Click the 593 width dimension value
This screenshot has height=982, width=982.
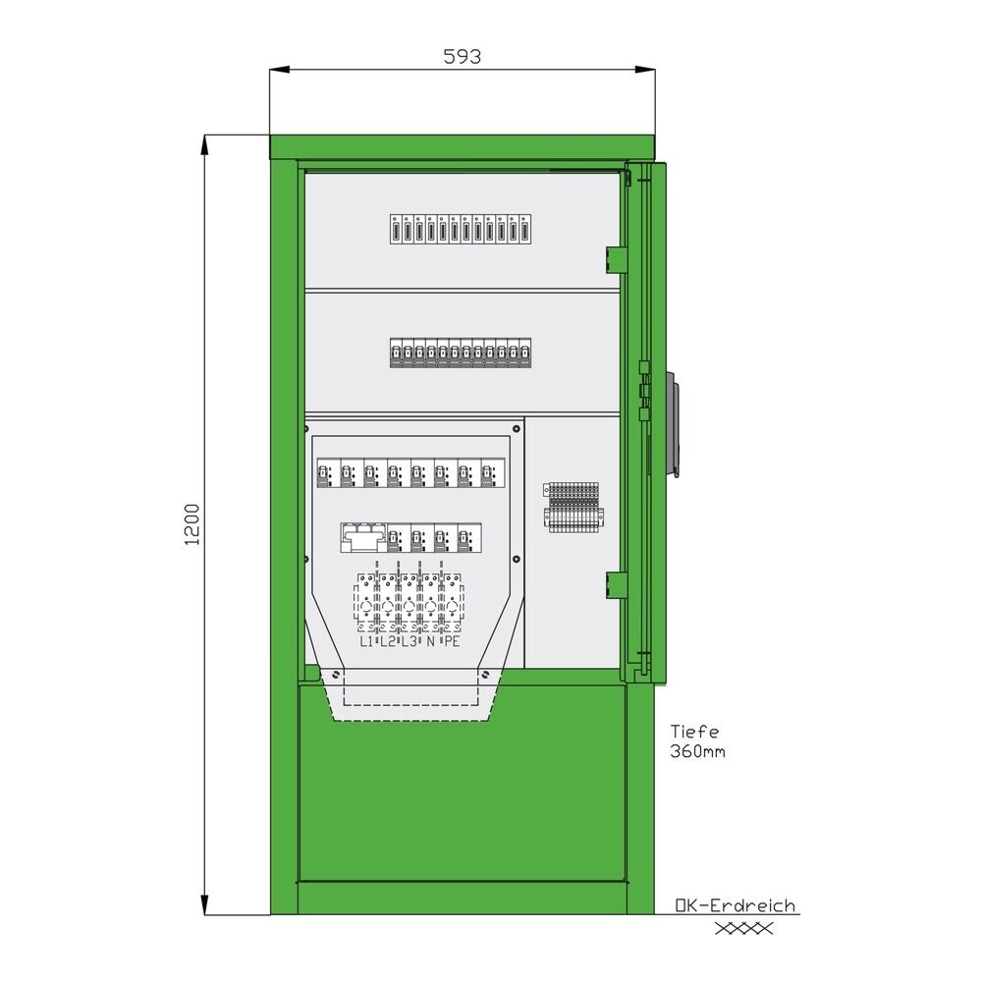(462, 57)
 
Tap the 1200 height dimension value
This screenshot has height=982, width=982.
(192, 523)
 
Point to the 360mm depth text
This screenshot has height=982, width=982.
(699, 752)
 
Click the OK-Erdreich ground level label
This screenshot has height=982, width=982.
(736, 906)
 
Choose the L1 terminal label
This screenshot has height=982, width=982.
(366, 642)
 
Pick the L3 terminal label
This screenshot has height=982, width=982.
(409, 642)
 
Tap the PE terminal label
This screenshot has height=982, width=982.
(452, 642)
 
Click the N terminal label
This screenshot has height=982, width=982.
(431, 642)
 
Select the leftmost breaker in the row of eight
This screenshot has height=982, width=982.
(325, 475)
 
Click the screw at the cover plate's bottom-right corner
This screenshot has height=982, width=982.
(484, 674)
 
